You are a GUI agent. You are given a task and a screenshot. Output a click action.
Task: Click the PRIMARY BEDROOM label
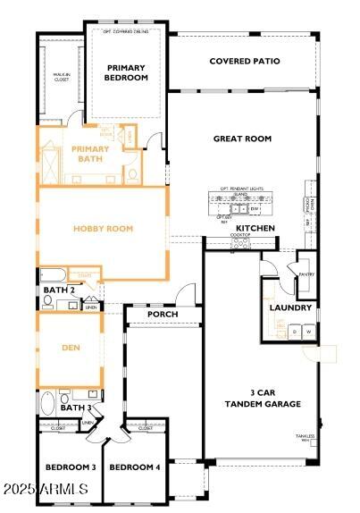126,72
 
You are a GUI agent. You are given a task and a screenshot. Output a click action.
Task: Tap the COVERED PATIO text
244,62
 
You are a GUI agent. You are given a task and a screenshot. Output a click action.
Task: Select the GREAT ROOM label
241,139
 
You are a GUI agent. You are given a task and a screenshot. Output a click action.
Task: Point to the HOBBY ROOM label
103,229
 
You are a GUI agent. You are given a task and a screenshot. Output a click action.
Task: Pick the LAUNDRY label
290,308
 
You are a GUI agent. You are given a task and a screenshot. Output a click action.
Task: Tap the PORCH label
163,315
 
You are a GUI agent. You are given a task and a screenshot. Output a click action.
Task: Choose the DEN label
71,349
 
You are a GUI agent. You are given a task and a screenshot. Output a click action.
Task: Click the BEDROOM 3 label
71,467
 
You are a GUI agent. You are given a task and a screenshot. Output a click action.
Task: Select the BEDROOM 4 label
135,467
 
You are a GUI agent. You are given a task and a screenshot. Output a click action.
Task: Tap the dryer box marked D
295,332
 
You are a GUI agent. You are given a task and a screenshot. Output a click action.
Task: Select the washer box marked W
308,332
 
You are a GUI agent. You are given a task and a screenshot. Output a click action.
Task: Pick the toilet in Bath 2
48,300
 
